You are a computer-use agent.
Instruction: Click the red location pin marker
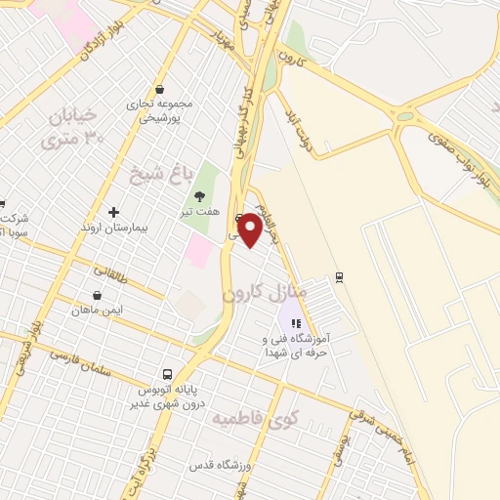tap(251, 229)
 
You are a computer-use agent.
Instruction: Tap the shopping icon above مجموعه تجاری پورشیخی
tap(160, 89)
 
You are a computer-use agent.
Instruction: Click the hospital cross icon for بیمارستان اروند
tap(113, 212)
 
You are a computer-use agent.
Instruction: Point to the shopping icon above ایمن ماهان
tap(97, 295)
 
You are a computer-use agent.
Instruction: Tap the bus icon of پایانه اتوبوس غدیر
tap(168, 374)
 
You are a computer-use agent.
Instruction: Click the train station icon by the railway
tap(339, 276)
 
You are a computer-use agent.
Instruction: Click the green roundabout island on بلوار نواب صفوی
tap(404, 117)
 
